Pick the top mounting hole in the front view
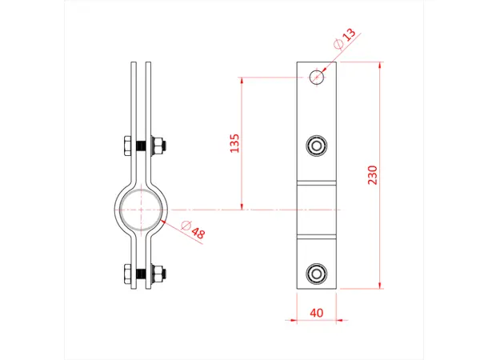pyautogui.click(x=318, y=76)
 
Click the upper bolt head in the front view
pyautogui.click(x=318, y=145)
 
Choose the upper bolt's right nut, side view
pyautogui.click(x=158, y=147)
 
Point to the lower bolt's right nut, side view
pyautogui.click(x=158, y=274)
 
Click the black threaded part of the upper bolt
pyautogui.click(x=139, y=147)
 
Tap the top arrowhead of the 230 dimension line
pyautogui.click(x=381, y=64)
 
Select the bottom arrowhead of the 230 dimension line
pyautogui.click(x=381, y=286)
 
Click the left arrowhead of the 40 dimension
pyautogui.click(x=299, y=320)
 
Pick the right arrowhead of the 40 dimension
pyautogui.click(x=337, y=320)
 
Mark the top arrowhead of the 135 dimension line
pyautogui.click(x=242, y=79)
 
